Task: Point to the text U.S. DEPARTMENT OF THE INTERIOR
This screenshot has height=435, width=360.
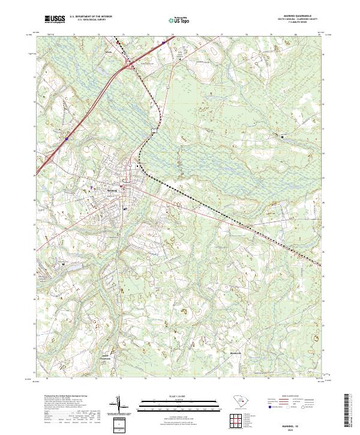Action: (91, 17)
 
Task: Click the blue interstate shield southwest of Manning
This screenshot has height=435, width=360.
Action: (67, 139)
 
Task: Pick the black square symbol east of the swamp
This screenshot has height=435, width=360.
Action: (282, 137)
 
